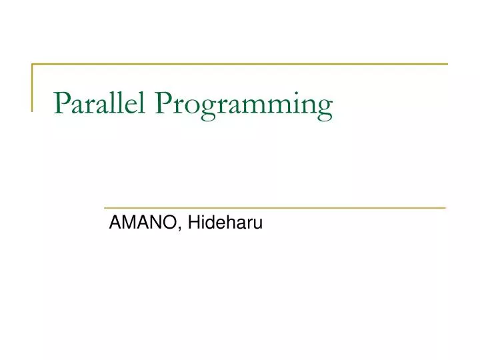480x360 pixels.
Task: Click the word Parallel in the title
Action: pyautogui.click(x=100, y=104)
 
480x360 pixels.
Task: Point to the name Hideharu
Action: pyautogui.click(x=225, y=223)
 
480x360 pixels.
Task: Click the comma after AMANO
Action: pyautogui.click(x=181, y=229)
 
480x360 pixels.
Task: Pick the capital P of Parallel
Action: pyautogui.click(x=61, y=104)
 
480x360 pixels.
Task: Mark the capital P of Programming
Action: pyautogui.click(x=163, y=104)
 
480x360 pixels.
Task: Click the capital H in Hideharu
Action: pyautogui.click(x=193, y=223)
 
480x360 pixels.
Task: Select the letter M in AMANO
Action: pyautogui.click(x=131, y=223)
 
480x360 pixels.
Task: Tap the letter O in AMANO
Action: pyautogui.click(x=171, y=223)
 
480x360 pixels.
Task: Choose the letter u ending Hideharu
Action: pyautogui.click(x=259, y=225)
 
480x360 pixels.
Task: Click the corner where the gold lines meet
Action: pyautogui.click(x=33, y=65)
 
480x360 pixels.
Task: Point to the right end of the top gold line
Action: pyautogui.click(x=447, y=65)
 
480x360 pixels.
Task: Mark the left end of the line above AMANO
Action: pyautogui.click(x=102, y=208)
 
